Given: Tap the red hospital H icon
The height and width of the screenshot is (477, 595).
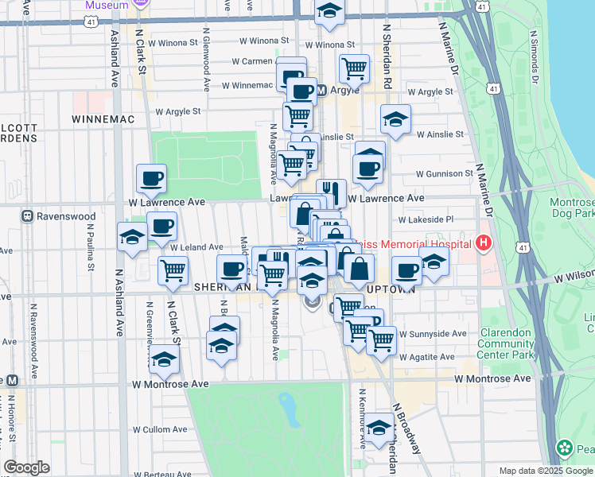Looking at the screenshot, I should coord(483,242).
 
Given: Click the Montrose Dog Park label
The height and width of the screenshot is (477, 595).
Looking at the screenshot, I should coord(571,208).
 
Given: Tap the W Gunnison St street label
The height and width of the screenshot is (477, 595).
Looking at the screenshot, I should coord(445,173).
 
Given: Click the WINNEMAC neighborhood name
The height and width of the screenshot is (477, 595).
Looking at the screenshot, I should coord(103,118).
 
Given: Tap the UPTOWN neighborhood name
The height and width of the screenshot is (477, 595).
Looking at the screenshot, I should coord(396,289).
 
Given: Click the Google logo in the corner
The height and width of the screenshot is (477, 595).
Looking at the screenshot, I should coord(26,467).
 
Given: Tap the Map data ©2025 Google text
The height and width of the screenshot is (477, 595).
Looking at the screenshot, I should coord(545,471).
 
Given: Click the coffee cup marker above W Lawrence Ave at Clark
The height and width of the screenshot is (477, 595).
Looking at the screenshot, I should coord(151,178).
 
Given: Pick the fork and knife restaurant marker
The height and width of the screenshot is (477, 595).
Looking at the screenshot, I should coord(331,192).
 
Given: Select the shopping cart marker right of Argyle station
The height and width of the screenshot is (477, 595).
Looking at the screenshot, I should coord(353,68).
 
